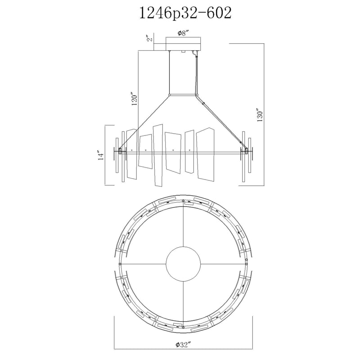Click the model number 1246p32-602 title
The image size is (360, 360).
185,13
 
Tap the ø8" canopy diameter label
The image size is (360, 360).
183,33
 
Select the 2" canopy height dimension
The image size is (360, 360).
150,38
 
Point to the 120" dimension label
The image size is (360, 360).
135,99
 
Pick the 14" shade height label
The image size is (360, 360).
101,155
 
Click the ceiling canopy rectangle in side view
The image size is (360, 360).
184,44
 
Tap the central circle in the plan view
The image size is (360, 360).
183,264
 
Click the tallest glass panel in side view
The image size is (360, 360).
158,155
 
